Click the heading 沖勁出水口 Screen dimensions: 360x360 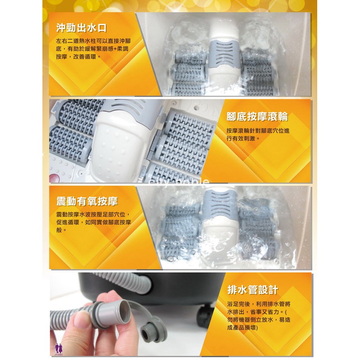(x=82, y=28)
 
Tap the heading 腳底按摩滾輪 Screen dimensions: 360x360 (x=257, y=117)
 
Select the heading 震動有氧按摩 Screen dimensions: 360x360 (x=87, y=201)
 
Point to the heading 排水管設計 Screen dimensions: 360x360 (x=252, y=290)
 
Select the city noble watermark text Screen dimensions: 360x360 (x=179, y=181)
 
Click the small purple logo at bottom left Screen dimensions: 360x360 (x=58, y=349)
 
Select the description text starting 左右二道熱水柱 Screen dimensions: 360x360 (x=93, y=49)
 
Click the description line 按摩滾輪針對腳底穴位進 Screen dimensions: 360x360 (x=258, y=131)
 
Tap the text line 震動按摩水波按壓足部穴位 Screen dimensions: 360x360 (x=93, y=214)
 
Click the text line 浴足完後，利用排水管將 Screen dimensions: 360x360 (x=259, y=304)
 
